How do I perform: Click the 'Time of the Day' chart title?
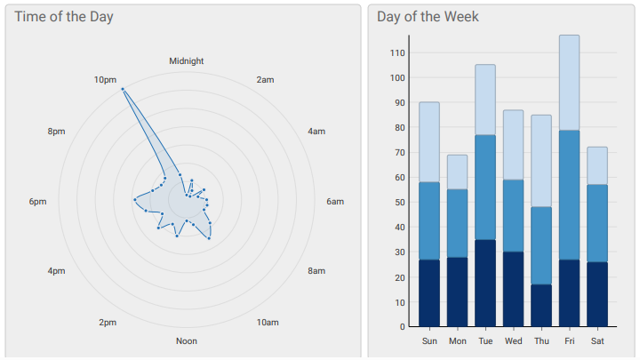click(x=63, y=17)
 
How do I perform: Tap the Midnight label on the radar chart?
click(x=187, y=61)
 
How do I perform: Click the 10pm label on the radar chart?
click(x=105, y=80)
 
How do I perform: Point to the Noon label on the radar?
click(x=187, y=341)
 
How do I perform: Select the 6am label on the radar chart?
click(x=335, y=202)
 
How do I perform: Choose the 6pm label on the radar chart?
click(x=37, y=202)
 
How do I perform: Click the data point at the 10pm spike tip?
click(x=122, y=89)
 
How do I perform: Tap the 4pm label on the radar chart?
click(x=56, y=271)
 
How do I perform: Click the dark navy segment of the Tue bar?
click(x=485, y=283)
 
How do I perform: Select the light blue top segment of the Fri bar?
click(x=569, y=83)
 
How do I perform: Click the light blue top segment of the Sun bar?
click(x=429, y=142)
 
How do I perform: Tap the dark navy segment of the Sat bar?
click(x=596, y=294)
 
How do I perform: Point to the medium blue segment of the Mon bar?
click(x=457, y=223)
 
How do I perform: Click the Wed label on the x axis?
click(x=513, y=341)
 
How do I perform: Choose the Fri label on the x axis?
click(x=569, y=341)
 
